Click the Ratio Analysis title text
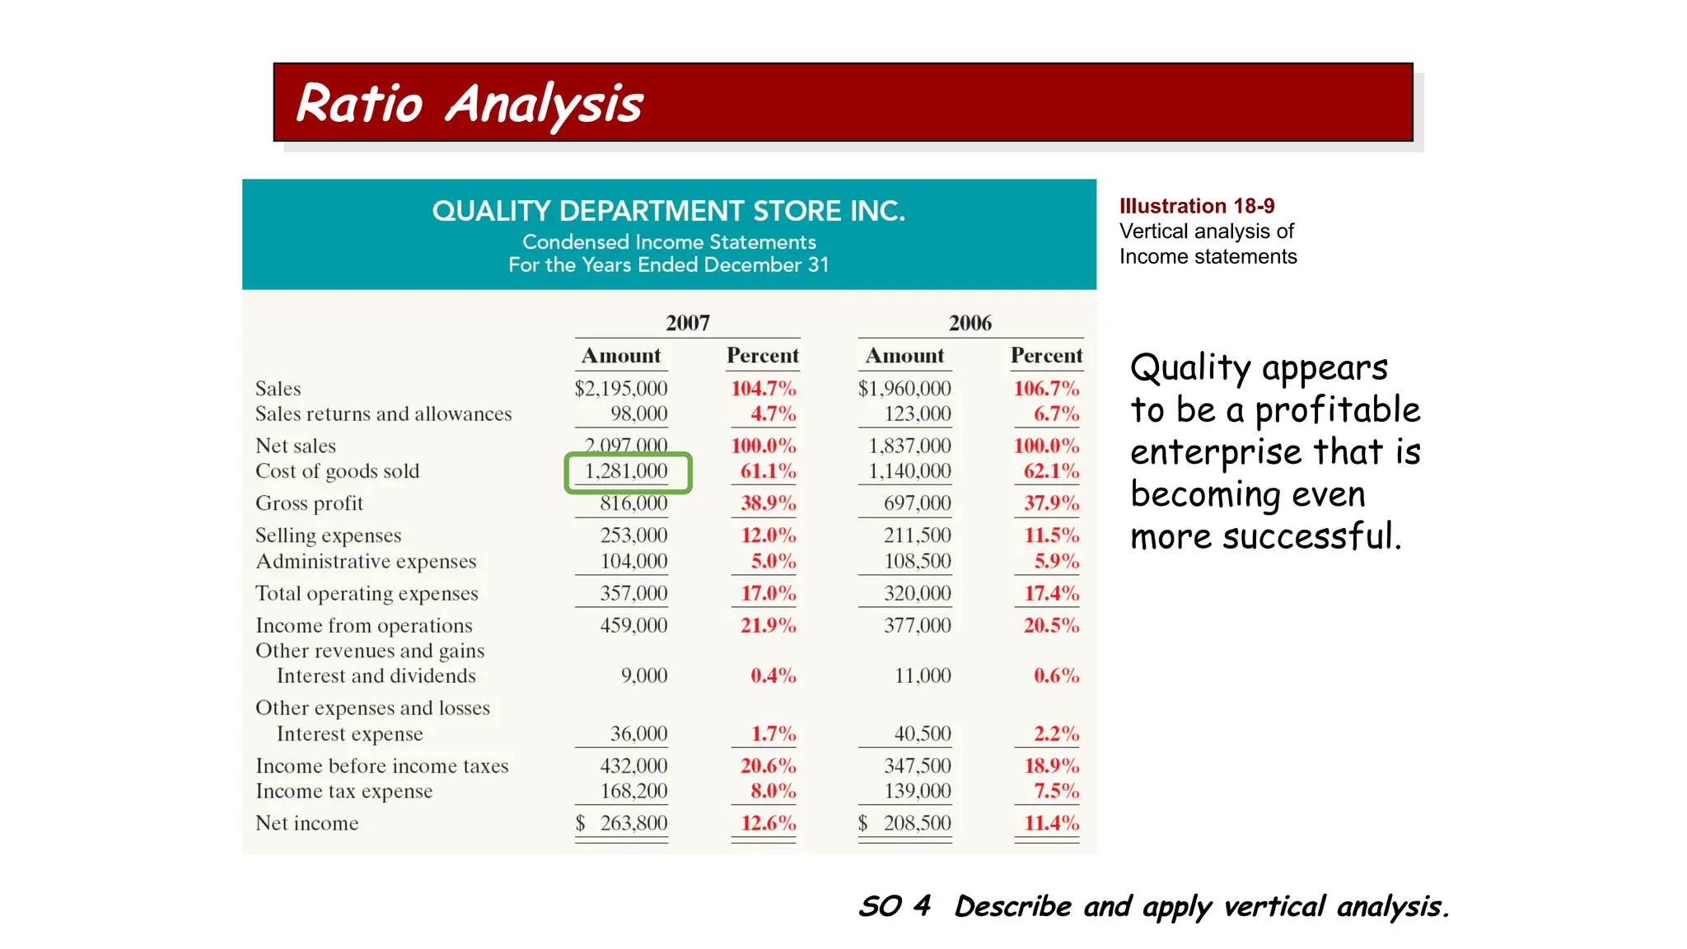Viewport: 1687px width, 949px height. click(x=469, y=105)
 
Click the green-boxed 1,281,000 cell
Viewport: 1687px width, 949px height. click(x=627, y=472)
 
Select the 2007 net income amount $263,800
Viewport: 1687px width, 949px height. click(x=622, y=823)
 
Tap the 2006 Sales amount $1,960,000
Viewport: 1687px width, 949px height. click(x=904, y=388)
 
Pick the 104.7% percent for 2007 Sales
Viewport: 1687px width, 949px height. click(x=763, y=388)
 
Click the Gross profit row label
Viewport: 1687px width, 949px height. click(x=309, y=503)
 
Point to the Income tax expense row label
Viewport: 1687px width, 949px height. click(x=343, y=792)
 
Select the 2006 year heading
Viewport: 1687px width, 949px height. click(x=970, y=323)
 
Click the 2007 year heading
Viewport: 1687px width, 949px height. click(x=687, y=323)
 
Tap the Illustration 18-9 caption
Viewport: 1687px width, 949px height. click(x=1196, y=206)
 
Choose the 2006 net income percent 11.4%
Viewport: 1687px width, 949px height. click(x=1051, y=823)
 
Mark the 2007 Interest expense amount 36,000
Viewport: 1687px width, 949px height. click(x=638, y=733)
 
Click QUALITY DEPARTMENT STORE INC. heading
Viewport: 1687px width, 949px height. click(x=668, y=212)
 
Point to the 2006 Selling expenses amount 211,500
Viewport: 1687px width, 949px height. click(x=917, y=535)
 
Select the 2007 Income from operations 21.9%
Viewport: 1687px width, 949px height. click(x=768, y=625)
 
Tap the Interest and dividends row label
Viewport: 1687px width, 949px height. click(x=376, y=676)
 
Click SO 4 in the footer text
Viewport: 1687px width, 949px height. click(x=895, y=906)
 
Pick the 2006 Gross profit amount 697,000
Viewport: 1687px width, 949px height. click(x=917, y=503)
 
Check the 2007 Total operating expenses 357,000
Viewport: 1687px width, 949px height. click(x=633, y=593)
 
